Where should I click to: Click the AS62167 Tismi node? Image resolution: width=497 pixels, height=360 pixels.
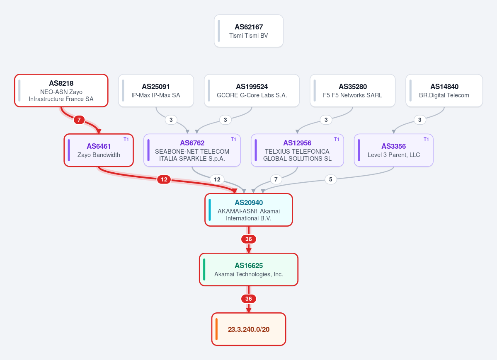(249, 31)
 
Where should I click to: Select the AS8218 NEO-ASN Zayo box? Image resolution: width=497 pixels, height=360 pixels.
(61, 91)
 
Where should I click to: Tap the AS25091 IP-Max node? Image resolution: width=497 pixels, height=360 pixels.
(156, 91)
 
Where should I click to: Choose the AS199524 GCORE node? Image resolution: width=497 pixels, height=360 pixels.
(252, 91)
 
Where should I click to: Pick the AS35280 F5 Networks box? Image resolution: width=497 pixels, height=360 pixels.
(352, 91)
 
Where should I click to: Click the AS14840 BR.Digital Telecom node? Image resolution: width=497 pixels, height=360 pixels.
(444, 91)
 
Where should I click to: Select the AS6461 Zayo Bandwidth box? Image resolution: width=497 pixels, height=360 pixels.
(99, 150)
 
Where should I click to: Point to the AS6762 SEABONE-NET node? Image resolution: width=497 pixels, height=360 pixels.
(192, 150)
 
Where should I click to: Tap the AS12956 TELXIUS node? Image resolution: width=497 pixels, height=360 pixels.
(297, 150)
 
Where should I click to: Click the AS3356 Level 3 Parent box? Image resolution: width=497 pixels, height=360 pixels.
(394, 150)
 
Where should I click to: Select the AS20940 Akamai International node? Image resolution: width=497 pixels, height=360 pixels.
(249, 210)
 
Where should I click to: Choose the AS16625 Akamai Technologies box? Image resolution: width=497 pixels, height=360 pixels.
(249, 269)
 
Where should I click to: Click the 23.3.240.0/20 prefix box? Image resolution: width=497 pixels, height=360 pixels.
(249, 329)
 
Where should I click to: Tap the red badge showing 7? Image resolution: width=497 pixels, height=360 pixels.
(79, 120)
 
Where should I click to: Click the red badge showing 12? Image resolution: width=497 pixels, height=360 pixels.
(164, 179)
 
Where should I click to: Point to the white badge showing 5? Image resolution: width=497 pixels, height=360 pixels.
(331, 179)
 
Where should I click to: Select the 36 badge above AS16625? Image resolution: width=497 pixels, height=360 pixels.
(249, 239)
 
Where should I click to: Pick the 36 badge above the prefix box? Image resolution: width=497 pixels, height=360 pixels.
(249, 299)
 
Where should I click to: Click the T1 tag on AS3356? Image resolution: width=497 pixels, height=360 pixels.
(426, 139)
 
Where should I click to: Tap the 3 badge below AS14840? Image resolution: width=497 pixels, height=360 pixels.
(419, 120)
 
